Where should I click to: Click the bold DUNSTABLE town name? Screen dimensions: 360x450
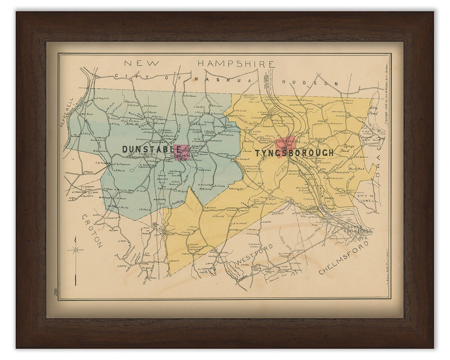151,149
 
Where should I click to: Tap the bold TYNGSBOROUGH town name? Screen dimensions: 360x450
294,153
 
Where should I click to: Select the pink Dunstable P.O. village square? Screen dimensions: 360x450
182,153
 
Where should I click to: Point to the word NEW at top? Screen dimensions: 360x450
142,63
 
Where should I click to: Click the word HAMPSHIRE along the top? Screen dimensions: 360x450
236,64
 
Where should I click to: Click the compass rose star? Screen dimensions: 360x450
75,250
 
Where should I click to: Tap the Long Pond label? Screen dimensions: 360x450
374,110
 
